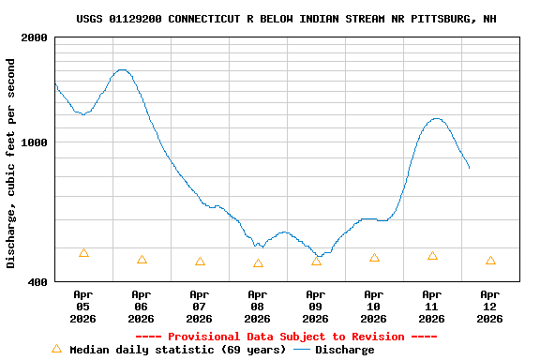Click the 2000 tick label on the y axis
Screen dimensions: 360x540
coord(33,37)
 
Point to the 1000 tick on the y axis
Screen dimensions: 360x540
coord(33,142)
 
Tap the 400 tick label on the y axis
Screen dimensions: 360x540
coord(37,281)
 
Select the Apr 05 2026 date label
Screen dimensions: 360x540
coord(82,307)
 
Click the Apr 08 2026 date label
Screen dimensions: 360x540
coord(257,307)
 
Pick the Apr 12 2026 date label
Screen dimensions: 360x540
coord(489,307)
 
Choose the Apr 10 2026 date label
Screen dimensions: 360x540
coord(373,307)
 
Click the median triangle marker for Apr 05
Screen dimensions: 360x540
coord(83,253)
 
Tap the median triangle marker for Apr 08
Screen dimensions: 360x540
coord(258,263)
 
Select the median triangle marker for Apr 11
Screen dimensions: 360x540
coord(432,256)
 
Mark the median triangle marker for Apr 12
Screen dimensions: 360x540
coord(490,261)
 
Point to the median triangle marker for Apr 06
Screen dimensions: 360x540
coord(142,260)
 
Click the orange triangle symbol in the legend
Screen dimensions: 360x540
coord(56,349)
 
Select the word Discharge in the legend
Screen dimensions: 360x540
coord(344,350)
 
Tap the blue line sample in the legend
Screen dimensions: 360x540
coord(302,350)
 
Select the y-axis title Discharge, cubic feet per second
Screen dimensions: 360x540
coord(11,163)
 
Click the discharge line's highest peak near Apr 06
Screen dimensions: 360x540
coord(120,69)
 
